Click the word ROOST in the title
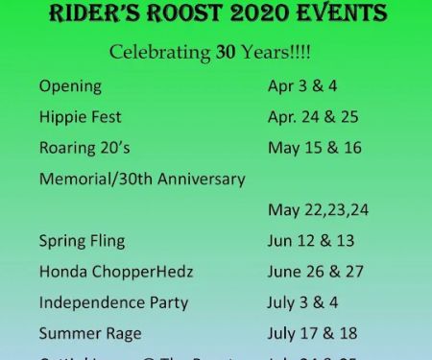click(184, 14)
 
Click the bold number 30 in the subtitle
click(226, 52)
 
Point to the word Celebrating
click(160, 52)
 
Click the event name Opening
click(70, 86)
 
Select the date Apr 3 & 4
click(301, 86)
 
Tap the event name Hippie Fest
click(81, 117)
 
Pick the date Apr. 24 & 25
click(310, 117)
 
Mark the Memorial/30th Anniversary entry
click(142, 179)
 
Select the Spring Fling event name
click(82, 241)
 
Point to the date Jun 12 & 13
click(309, 241)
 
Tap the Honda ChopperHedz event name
click(116, 272)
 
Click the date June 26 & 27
click(315, 272)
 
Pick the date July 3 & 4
click(301, 302)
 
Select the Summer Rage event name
click(90, 333)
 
